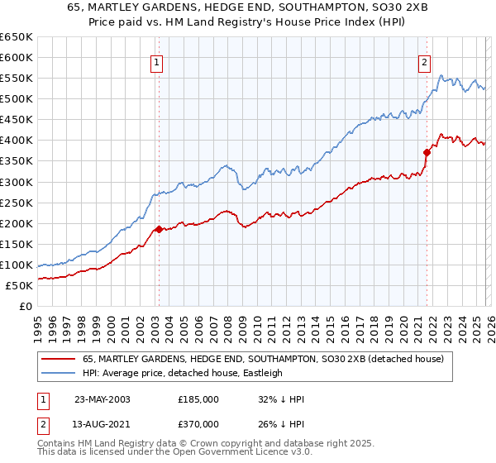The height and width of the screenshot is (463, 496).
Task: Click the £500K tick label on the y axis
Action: (x=16, y=99)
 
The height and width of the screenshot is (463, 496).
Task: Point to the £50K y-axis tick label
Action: (x=18, y=285)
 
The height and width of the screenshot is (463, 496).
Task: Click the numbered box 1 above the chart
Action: (x=157, y=61)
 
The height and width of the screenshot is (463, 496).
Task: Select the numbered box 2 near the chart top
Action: (x=424, y=61)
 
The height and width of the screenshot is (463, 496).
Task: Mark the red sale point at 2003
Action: (x=159, y=229)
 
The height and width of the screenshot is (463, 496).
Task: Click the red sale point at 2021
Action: (x=427, y=152)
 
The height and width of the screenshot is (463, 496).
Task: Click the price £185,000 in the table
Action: (x=198, y=399)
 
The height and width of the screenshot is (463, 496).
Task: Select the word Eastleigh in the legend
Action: (x=262, y=373)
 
